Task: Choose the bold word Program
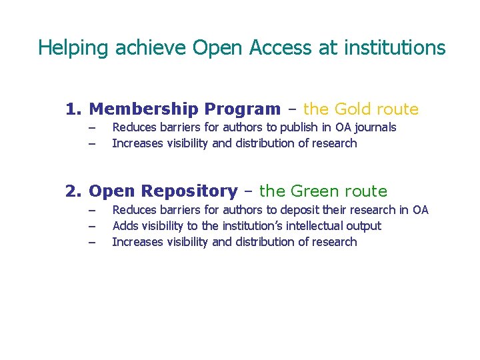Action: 243,109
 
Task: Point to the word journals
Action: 375,127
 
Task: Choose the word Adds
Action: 124,226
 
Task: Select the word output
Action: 364,226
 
